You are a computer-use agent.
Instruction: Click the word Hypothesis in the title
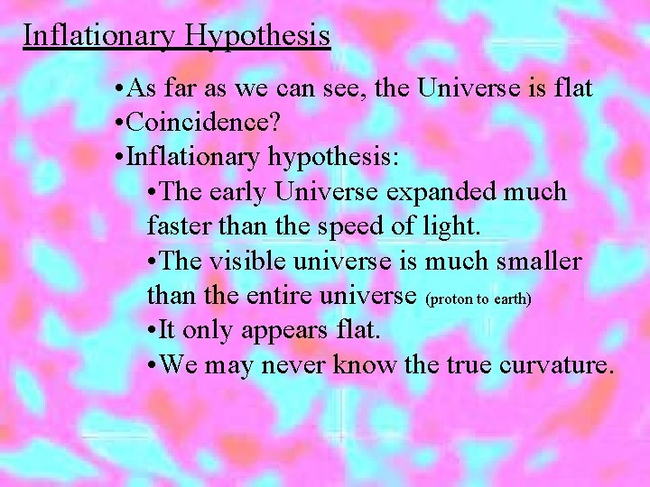pyautogui.click(x=258, y=36)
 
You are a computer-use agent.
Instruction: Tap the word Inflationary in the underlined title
pyautogui.click(x=101, y=36)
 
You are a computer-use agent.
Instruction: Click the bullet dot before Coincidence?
pyautogui.click(x=121, y=124)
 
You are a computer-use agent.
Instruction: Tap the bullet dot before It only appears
pyautogui.click(x=151, y=330)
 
